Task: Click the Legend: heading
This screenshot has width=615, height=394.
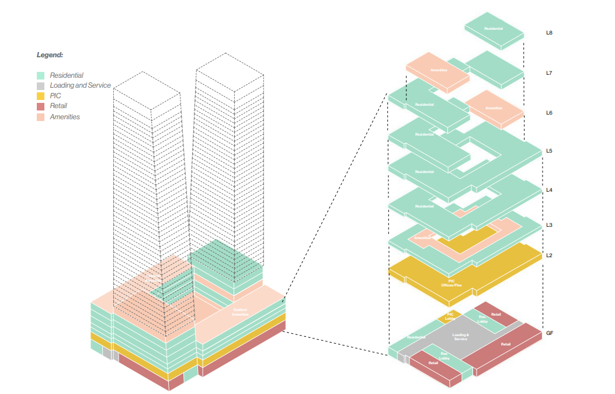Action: [x=50, y=55]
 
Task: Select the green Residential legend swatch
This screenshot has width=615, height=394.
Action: [x=40, y=75]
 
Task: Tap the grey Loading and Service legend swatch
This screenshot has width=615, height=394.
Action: [x=40, y=85]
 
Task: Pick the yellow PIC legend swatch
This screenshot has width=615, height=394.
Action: [x=40, y=95]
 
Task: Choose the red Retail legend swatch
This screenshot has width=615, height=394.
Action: [x=40, y=106]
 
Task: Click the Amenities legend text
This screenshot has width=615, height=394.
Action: [x=65, y=117]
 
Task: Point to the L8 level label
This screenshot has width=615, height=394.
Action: [x=549, y=33]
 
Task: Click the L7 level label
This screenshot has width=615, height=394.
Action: [x=549, y=73]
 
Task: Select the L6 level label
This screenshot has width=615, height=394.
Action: [x=549, y=112]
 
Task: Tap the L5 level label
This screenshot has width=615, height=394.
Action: [x=549, y=151]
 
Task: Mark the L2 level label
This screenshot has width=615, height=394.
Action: [x=549, y=255]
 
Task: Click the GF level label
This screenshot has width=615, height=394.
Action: [x=550, y=333]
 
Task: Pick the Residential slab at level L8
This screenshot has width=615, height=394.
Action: [x=494, y=29]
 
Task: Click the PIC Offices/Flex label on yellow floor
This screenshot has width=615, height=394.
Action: [x=455, y=283]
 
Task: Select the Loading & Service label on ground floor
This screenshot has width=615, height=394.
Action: [x=460, y=337]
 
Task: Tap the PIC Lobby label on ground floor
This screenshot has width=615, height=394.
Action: [x=450, y=316]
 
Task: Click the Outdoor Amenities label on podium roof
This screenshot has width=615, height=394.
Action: [x=240, y=312]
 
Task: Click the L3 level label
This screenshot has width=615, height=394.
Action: [x=549, y=225]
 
